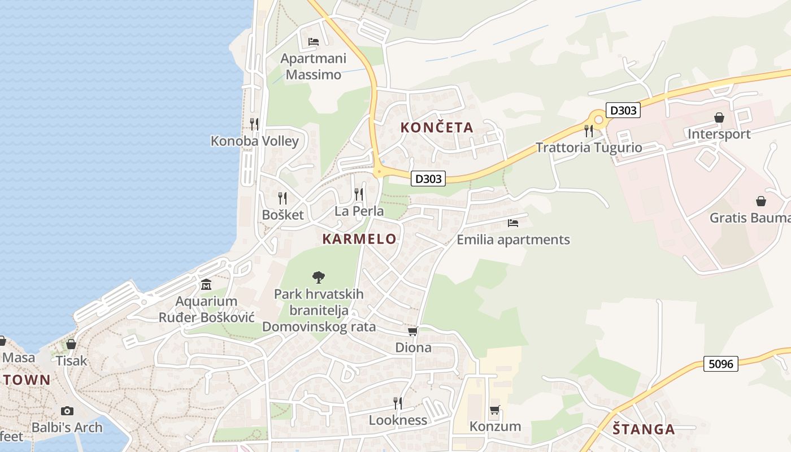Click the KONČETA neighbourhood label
tap(437, 127)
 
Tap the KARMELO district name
tap(359, 239)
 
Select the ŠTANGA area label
tap(644, 429)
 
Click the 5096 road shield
tap(722, 363)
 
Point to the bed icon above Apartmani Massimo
tap(314, 42)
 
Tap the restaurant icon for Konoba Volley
tap(254, 124)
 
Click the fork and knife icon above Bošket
tap(282, 198)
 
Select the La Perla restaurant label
tap(359, 211)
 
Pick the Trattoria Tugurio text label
tap(589, 148)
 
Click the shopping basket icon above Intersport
tap(719, 118)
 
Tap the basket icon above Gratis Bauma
tap(761, 201)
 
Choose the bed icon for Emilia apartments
tap(513, 223)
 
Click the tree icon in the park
tap(319, 277)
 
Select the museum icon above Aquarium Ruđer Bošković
tap(206, 284)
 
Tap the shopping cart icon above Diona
tap(413, 331)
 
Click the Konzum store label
tap(496, 426)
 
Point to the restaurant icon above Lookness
tap(398, 403)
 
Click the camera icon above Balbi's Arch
tap(67, 411)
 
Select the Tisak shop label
tap(72, 360)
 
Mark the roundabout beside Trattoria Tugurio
tap(597, 120)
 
